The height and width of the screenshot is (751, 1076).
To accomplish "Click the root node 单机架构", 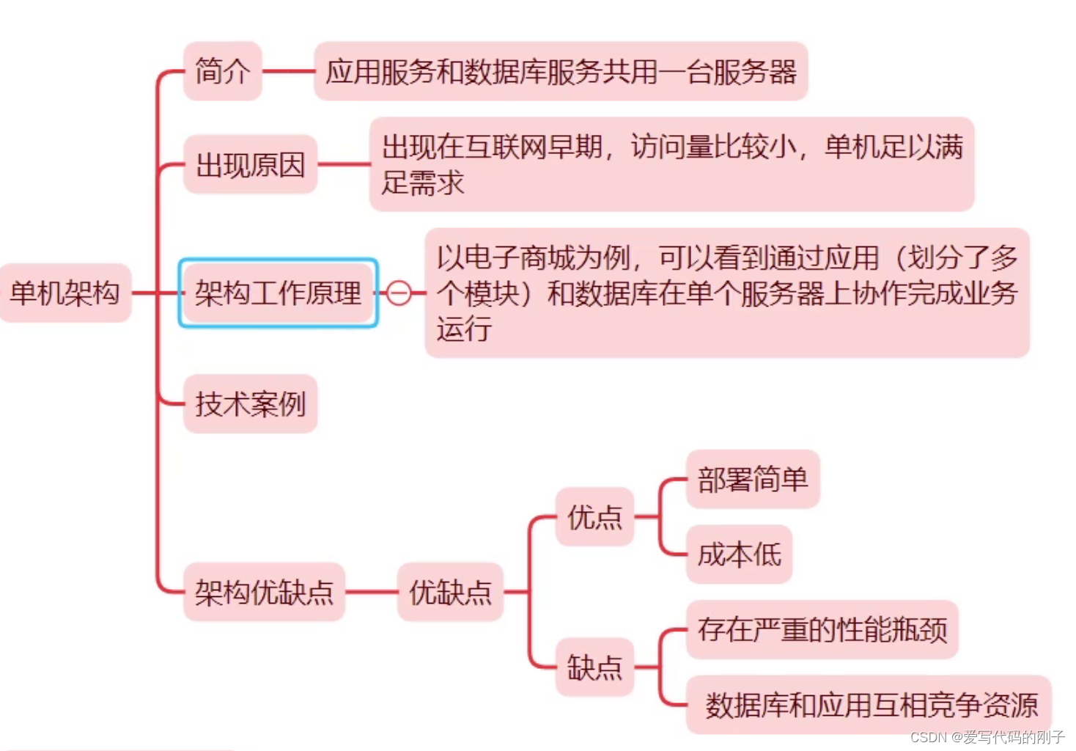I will (65, 293).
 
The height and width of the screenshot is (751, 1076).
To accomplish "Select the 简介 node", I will (222, 71).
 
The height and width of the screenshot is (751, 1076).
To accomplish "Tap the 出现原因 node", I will (250, 165).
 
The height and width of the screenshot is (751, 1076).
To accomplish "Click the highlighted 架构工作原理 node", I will (278, 293).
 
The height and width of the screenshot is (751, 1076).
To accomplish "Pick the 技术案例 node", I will (250, 404).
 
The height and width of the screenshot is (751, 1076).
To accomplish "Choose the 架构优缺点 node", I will (264, 592).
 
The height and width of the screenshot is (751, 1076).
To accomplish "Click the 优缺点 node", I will (450, 592).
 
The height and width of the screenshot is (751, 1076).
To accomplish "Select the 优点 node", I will (594, 517).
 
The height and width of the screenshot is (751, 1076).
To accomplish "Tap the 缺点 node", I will (594, 667).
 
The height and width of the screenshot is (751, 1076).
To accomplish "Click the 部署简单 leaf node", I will (753, 480).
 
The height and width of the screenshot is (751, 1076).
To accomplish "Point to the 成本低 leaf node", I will (739, 554).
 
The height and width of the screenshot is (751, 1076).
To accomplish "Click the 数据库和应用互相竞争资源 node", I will (870, 705).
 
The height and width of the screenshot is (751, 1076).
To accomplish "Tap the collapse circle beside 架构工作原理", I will (399, 293).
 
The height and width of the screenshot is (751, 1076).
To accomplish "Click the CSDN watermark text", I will (987, 737).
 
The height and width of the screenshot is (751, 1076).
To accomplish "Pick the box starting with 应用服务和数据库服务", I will (561, 71).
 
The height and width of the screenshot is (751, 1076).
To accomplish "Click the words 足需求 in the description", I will (423, 183).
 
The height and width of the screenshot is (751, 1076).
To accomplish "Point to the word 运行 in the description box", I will (464, 329).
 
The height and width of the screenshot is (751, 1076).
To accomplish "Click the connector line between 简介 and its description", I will (288, 71).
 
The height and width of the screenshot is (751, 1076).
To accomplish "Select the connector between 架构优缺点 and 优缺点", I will (371, 592).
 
